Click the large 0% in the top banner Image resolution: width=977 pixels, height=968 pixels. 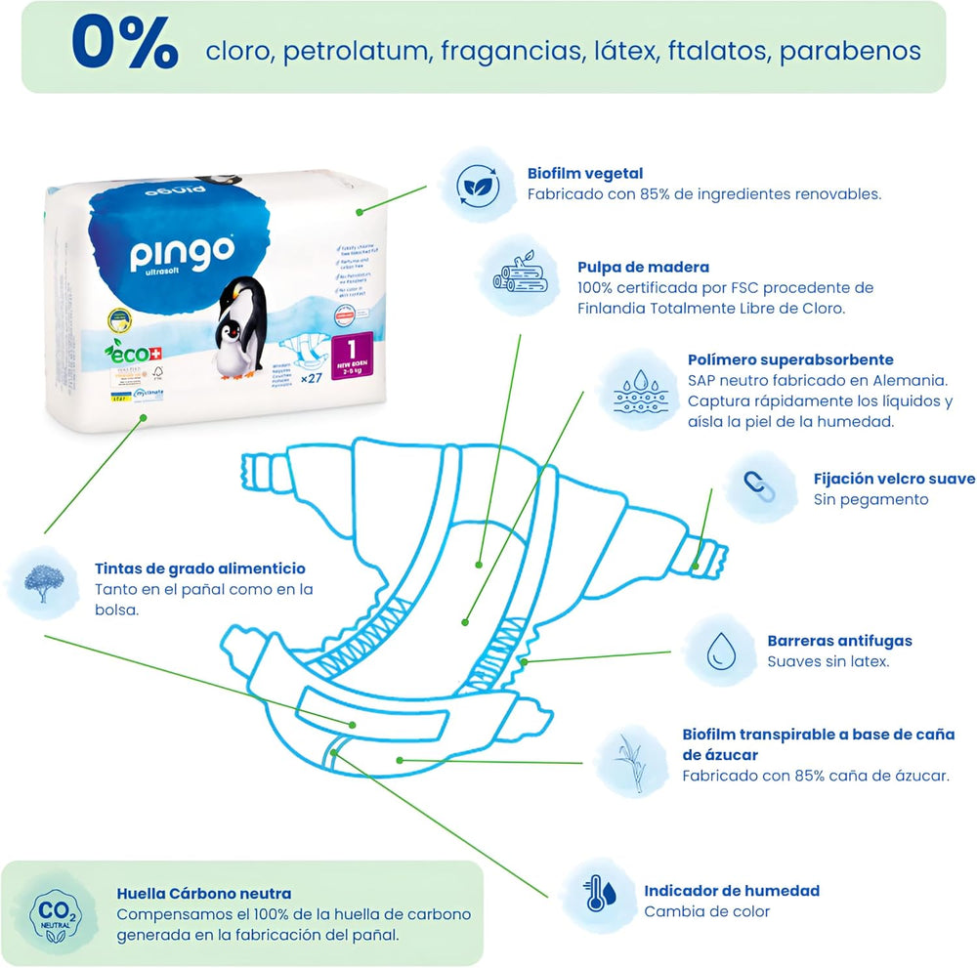coord(124,46)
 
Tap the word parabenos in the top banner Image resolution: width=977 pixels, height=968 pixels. coord(850,51)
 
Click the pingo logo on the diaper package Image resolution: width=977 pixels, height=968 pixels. coord(183,253)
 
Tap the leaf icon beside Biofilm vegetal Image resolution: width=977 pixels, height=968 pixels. coord(479,184)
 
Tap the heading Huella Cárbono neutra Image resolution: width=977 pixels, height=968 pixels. coord(203,893)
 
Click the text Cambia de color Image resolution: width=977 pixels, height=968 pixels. coord(706,911)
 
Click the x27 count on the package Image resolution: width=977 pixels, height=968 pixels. coord(312,378)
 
